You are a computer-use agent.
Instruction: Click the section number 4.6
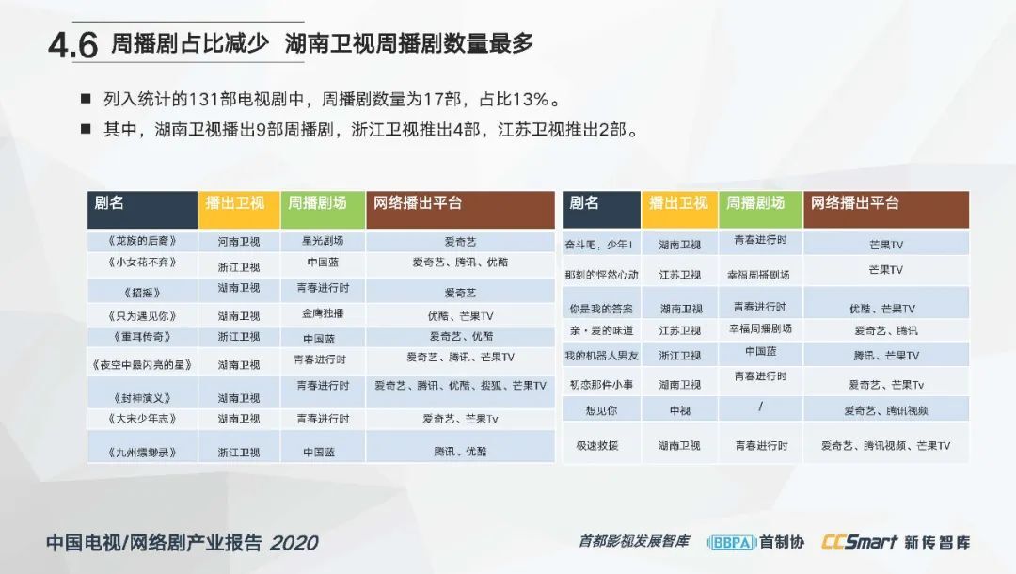pos(72,44)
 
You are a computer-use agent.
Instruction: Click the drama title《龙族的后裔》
pos(142,241)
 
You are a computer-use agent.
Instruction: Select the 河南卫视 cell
pos(238,242)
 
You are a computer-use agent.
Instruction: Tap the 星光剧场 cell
pos(323,241)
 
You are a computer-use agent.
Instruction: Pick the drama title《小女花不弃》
pos(142,263)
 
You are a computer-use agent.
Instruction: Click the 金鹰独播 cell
pos(323,313)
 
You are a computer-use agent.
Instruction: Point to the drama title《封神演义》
pos(142,398)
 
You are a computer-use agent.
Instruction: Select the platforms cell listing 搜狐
pos(460,386)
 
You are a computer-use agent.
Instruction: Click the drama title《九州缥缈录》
pos(142,453)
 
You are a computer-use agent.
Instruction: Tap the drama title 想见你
pos(601,410)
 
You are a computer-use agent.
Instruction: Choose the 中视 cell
pos(680,410)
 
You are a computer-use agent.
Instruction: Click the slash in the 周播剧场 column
pos(761,407)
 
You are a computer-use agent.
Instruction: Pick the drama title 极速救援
pos(596,446)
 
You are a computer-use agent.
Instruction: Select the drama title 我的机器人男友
pos(601,356)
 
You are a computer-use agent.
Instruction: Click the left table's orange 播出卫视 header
pos(238,210)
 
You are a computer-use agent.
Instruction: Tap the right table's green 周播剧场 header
pos(761,210)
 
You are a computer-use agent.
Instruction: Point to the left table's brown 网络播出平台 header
pos(460,210)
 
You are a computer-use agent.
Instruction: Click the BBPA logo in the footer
pos(732,542)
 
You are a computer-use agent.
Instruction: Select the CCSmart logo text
pos(859,542)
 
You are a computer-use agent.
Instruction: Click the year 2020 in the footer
pos(294,543)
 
